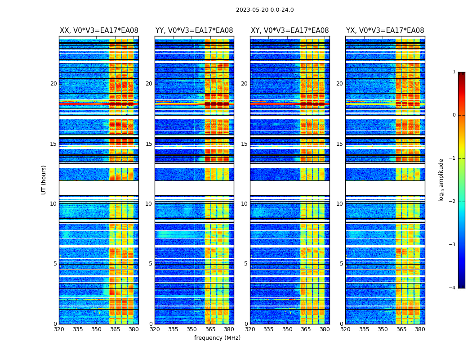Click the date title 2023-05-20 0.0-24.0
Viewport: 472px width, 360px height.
[265, 10]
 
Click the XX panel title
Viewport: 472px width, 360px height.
[99, 31]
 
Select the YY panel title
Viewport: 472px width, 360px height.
[194, 31]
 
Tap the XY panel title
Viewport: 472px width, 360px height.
[289, 31]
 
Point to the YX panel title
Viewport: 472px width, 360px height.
[385, 31]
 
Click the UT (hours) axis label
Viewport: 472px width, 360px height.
[44, 180]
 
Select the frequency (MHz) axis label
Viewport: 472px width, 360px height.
[217, 338]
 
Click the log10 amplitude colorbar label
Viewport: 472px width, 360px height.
[441, 180]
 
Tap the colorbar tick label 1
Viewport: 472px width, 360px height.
[454, 72]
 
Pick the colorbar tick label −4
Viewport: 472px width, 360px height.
[453, 288]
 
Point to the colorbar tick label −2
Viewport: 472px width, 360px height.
[453, 202]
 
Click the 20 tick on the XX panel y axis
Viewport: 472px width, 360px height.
[53, 84]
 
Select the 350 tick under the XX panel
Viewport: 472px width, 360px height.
[96, 329]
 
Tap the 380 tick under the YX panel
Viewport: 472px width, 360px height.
[420, 329]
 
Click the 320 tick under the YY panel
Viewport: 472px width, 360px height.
[155, 329]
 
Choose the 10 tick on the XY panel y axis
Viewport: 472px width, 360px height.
[244, 204]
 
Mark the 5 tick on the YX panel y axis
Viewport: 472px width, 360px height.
[341, 264]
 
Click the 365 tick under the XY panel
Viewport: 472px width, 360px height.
[306, 329]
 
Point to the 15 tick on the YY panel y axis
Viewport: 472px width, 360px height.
[149, 144]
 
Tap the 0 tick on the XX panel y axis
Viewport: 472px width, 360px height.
[55, 324]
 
